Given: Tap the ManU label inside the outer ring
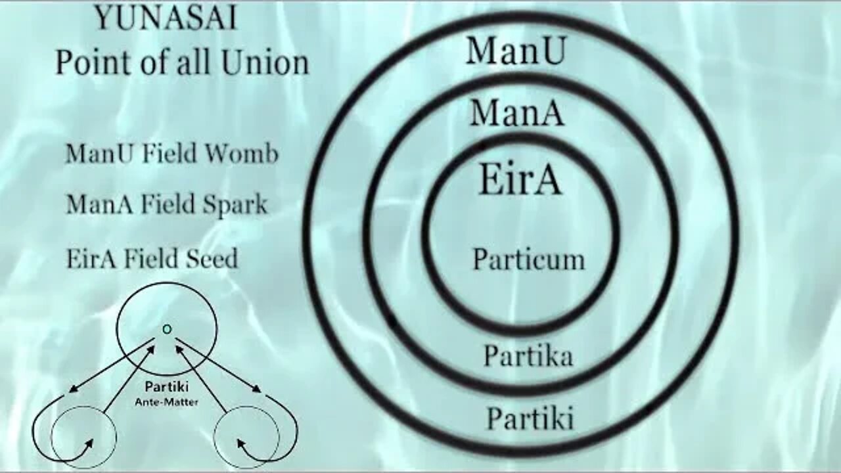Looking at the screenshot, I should pyautogui.click(x=515, y=50).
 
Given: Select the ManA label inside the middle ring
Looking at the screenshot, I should pyautogui.click(x=516, y=113).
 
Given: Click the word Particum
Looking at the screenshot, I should pyautogui.click(x=528, y=259).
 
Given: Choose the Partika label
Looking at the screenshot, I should pyautogui.click(x=528, y=356).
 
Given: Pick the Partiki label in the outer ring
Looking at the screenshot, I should pyautogui.click(x=530, y=418).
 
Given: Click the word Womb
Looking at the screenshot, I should pyautogui.click(x=247, y=154).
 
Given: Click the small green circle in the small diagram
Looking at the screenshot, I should pyautogui.click(x=167, y=328).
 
